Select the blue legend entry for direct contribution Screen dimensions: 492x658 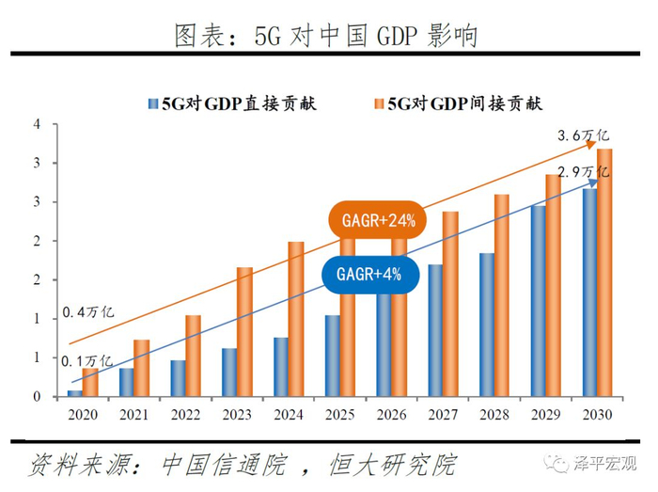tap(232, 103)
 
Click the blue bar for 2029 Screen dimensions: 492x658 tap(538, 300)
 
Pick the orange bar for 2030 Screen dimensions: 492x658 tap(604, 272)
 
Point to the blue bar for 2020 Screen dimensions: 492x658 tap(74, 392)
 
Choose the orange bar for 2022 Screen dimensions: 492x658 tap(193, 355)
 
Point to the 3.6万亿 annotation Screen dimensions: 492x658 tap(584, 136)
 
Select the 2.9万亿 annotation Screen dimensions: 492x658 tap(583, 171)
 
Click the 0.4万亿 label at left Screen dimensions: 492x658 tap(88, 311)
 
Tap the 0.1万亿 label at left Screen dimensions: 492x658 tap(88, 360)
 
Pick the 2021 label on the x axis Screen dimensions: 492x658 tap(133, 415)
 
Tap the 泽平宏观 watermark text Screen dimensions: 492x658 tap(606, 463)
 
